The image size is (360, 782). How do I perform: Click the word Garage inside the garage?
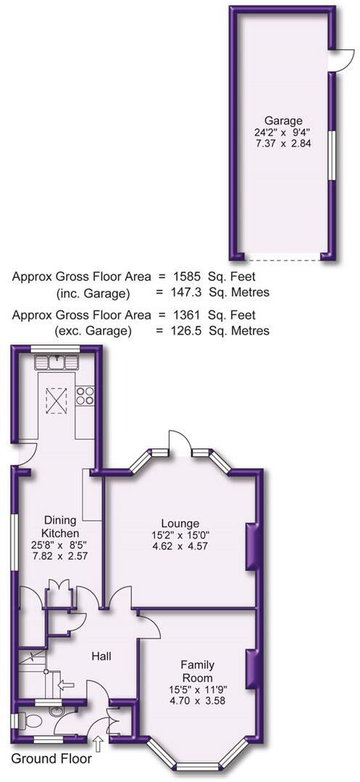(x=282, y=120)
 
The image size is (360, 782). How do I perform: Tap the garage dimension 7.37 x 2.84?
(x=282, y=145)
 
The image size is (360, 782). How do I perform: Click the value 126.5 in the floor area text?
(x=189, y=331)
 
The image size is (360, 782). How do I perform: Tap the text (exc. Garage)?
(x=94, y=331)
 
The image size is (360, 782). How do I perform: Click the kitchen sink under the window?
(x=59, y=360)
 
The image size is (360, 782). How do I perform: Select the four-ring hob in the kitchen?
(x=85, y=395)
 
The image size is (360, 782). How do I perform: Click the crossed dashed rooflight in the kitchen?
(x=56, y=398)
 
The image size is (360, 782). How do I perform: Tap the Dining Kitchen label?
(x=60, y=526)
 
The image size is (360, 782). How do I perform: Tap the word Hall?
(x=101, y=656)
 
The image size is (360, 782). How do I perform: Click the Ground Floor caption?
(x=51, y=759)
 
